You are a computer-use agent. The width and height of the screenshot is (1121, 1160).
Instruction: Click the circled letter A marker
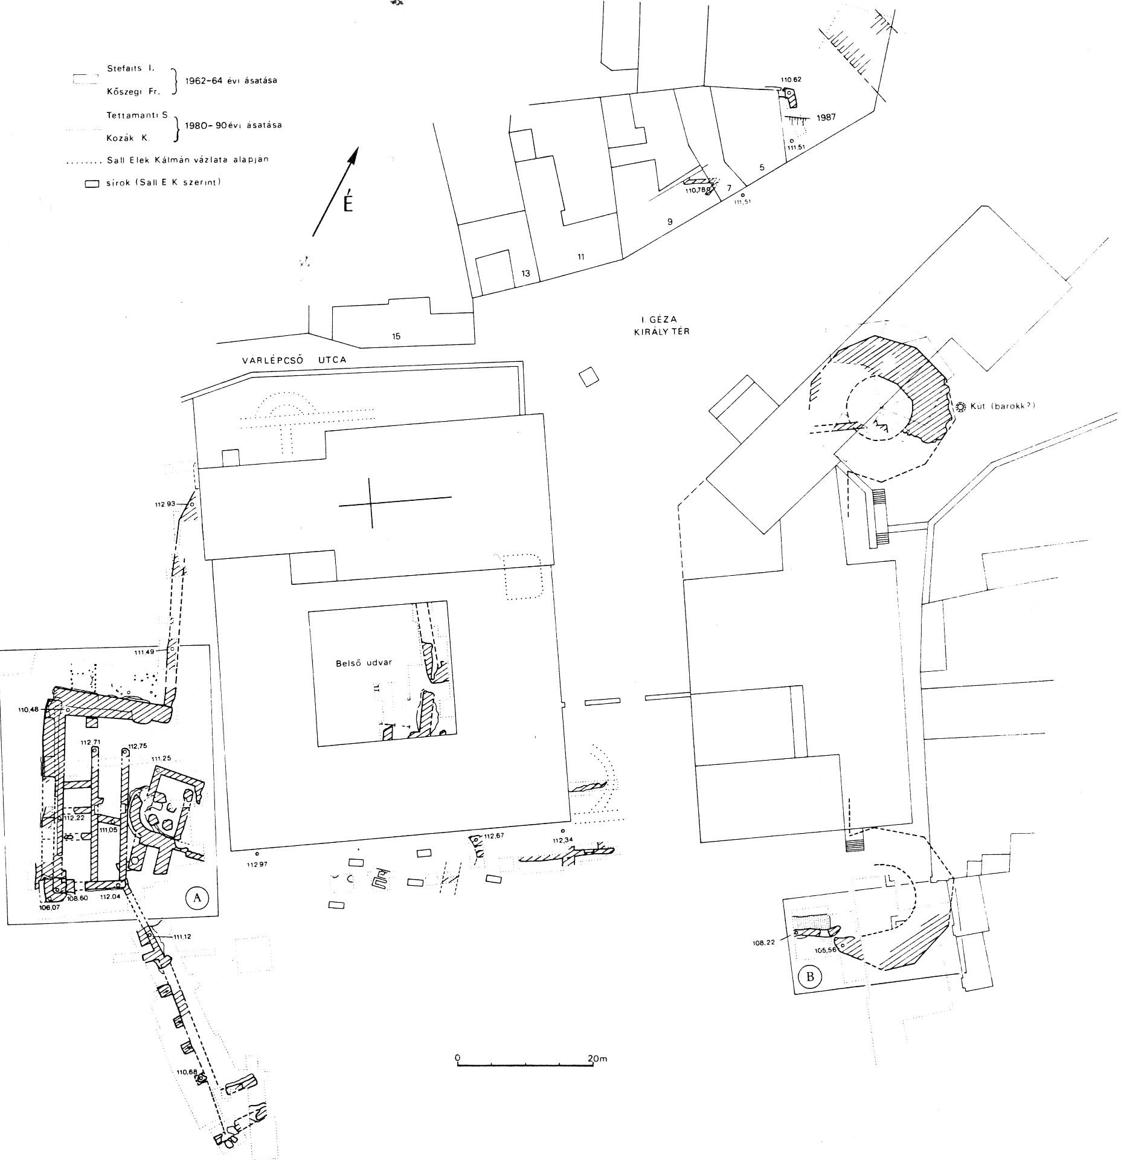(196, 897)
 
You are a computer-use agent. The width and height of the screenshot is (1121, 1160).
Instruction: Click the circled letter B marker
(810, 976)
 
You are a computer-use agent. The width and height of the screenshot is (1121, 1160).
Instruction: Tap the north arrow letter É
(347, 204)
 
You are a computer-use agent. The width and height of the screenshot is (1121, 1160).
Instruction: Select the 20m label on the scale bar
(597, 1058)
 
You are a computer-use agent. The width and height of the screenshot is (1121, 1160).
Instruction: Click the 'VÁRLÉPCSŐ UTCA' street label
(294, 360)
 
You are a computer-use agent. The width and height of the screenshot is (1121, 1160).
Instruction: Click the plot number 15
(396, 337)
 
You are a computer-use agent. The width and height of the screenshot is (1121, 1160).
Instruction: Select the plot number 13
(525, 274)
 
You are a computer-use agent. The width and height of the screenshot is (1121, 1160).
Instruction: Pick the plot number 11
(580, 257)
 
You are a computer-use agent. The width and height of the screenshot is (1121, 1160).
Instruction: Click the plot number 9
(669, 222)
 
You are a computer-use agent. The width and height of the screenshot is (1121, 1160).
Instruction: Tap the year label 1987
(826, 117)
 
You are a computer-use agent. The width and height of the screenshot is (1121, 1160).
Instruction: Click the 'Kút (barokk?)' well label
(1003, 406)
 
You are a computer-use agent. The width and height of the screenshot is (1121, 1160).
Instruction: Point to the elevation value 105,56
(824, 950)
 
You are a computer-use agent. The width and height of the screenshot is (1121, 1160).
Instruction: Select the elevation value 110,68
(187, 1072)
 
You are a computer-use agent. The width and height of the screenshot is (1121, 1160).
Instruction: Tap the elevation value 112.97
(257, 865)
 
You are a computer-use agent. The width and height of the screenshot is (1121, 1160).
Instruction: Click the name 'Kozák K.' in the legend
(128, 138)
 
